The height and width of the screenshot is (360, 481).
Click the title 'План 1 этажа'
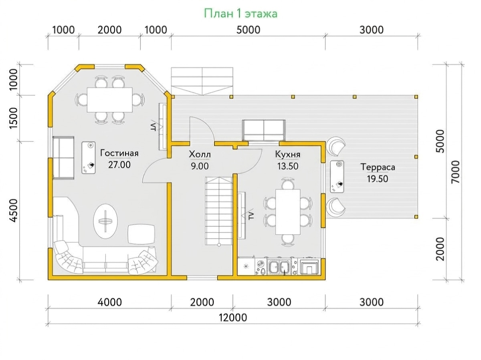pos(240,14)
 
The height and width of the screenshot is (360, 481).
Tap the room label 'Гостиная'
pos(119,153)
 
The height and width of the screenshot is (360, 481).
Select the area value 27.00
pos(119,165)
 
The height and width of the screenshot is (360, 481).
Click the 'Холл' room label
pos(200,155)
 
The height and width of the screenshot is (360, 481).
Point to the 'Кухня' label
pos(288,155)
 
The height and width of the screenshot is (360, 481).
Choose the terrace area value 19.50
pos(378,179)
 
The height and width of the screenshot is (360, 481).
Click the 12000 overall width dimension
pos(233,318)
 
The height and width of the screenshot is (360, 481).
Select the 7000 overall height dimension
pos(456,172)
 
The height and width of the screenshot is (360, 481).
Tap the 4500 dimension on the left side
pos(14,211)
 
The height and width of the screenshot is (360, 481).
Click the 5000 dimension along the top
pos(248,30)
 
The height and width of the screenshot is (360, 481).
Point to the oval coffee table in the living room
pos(106,221)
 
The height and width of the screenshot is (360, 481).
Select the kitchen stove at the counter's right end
pos(309,266)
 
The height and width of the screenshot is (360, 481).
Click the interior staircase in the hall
pos(218,211)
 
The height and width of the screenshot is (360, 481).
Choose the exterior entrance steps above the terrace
pos(202,81)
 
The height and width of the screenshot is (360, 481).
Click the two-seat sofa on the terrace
pos(264,130)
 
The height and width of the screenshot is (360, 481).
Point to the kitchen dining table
pos(288,212)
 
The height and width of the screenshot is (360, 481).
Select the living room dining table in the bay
pos(109,100)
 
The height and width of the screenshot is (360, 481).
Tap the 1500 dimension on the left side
pos(14,118)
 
